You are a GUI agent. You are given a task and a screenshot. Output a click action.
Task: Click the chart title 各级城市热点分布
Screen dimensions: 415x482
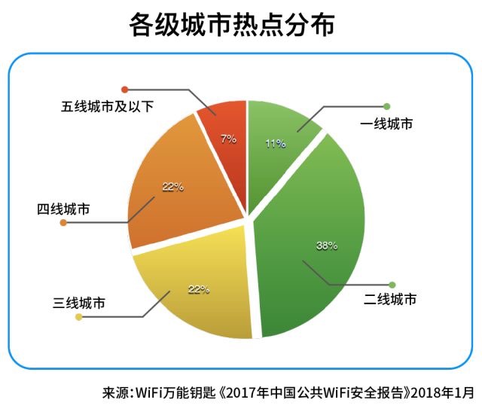pyautogui.click(x=241, y=24)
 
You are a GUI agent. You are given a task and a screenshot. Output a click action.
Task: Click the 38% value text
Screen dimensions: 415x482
pyautogui.click(x=327, y=246)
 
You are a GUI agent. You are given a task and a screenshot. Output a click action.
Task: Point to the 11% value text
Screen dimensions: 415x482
pyautogui.click(x=274, y=143)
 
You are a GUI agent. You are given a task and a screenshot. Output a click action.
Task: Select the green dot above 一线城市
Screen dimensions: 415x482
pyautogui.click(x=387, y=105)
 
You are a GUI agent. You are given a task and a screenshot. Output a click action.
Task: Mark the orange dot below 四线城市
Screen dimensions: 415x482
pyautogui.click(x=63, y=224)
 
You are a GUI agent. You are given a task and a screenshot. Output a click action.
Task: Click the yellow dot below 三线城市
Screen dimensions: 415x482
pyautogui.click(x=78, y=317)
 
